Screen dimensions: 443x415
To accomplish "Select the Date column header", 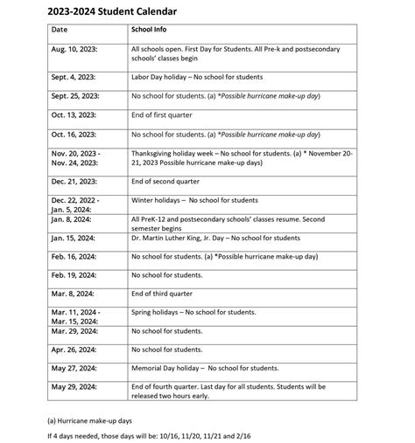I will pos(59,30).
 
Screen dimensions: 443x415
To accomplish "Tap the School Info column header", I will pos(149,30).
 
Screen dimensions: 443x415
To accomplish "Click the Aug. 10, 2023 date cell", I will pos(74,51).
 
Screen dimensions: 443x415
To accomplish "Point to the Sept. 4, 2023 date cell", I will pos(74,77).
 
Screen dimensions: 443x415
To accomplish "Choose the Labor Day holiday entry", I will pos(196,77).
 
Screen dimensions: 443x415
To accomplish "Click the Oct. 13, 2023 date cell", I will pos(74,114).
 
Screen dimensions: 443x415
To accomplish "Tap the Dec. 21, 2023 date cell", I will pos(74,181).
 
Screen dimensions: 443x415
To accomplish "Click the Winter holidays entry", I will pos(194,200).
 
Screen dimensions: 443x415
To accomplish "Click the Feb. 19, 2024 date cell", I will pos(74,274).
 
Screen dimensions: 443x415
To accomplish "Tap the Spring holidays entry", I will pos(193,312).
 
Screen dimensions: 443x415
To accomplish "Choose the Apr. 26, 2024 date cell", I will pos(74,350).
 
